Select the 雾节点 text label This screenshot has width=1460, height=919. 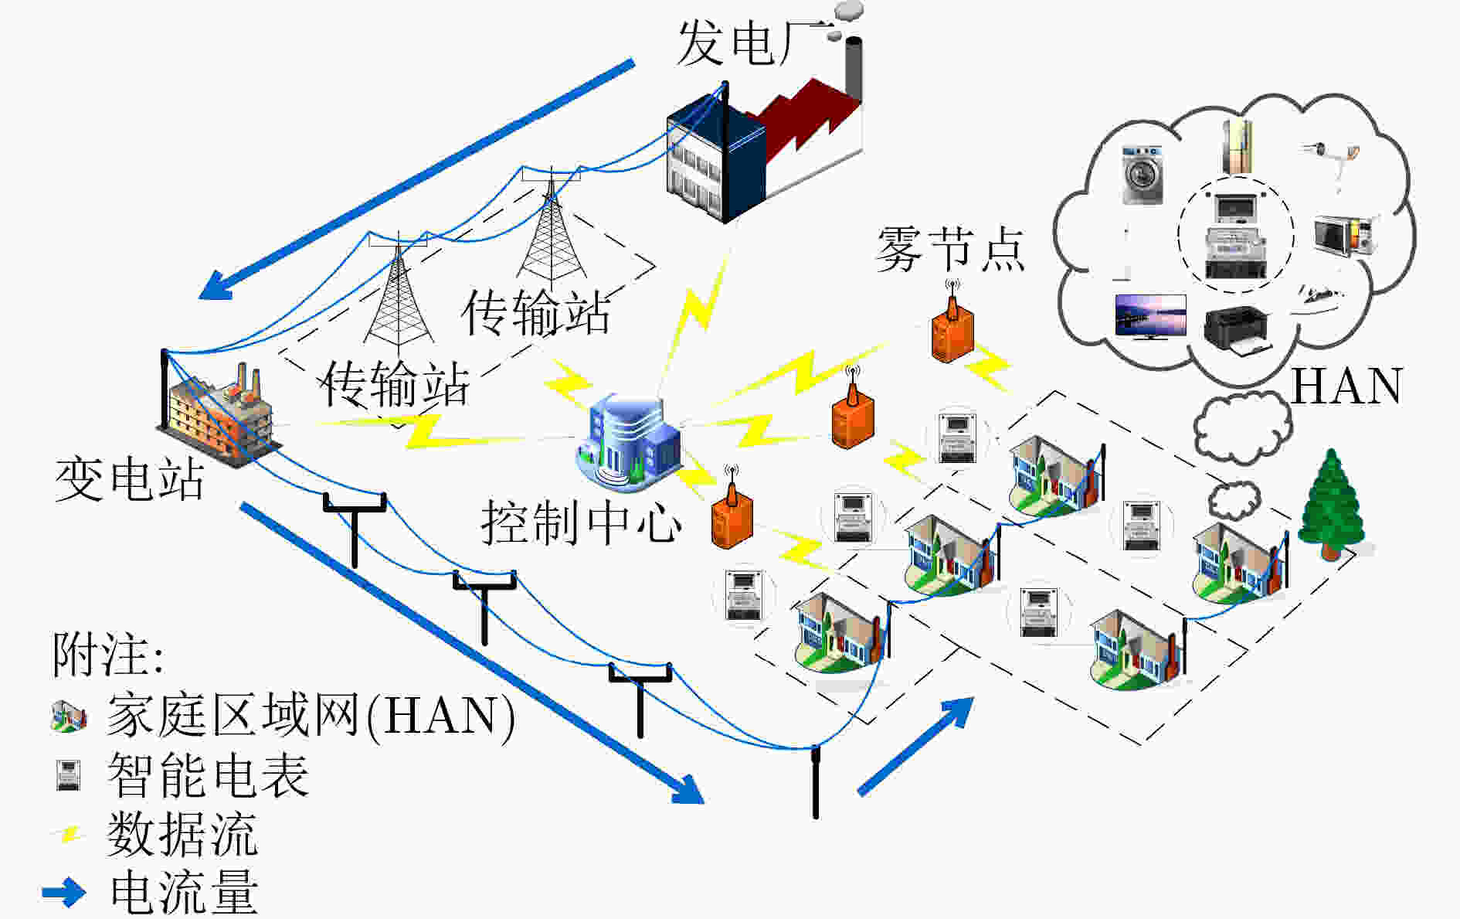(x=950, y=249)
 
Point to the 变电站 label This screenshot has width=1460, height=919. (x=129, y=479)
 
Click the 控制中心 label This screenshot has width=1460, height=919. (x=581, y=522)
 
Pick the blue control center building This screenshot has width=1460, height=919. (x=628, y=442)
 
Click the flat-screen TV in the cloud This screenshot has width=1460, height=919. (x=1150, y=317)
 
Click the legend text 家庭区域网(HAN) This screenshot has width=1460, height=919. (x=311, y=714)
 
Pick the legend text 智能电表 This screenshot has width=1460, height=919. (x=208, y=774)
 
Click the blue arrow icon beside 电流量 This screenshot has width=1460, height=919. (x=63, y=892)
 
